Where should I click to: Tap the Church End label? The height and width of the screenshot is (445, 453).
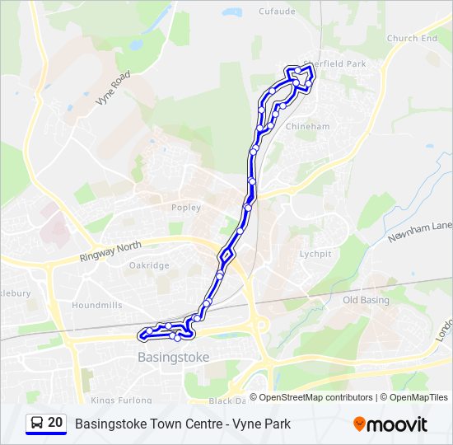[412, 39]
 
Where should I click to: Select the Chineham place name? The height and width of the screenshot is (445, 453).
[307, 126]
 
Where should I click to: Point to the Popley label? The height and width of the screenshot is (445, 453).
[185, 208]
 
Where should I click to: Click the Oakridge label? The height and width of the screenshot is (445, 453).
[149, 265]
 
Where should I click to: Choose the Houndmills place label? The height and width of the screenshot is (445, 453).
[96, 305]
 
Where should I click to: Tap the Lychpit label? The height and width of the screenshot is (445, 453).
[315, 254]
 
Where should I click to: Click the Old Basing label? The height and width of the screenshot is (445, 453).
[366, 300]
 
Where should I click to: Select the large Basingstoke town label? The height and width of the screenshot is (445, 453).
[173, 357]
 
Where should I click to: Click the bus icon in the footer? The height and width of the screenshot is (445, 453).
[37, 423]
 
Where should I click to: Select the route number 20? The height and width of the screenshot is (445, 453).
[55, 423]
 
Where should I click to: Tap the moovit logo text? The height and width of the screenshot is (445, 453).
[398, 424]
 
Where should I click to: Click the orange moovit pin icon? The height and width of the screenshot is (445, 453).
[359, 424]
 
